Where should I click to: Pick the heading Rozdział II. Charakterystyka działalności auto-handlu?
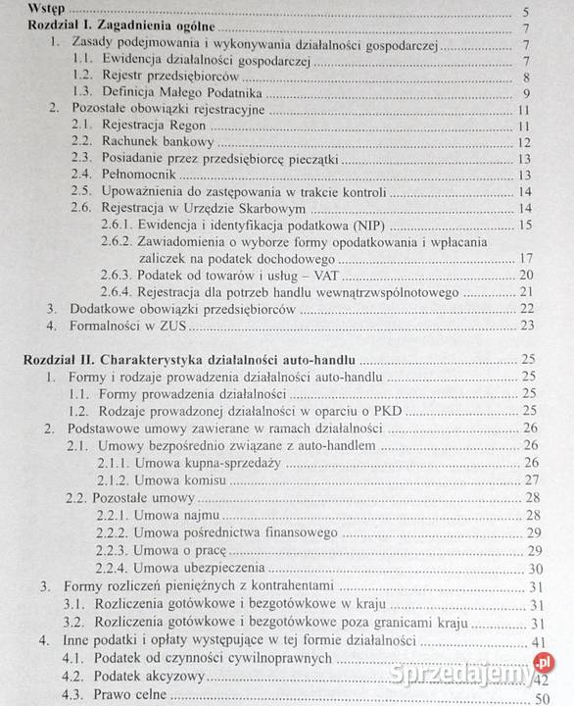point(190,359)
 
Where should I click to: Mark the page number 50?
point(526,696)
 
